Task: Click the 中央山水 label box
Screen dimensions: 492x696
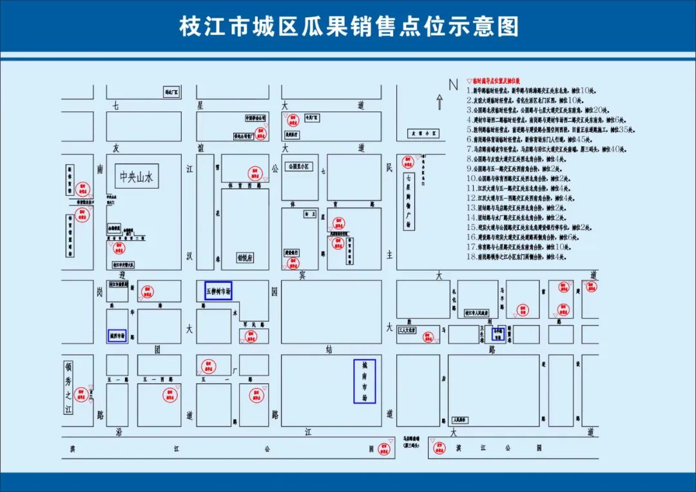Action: click(137, 176)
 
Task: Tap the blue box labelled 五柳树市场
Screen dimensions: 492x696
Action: click(218, 291)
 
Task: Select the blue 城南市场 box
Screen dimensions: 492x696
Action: click(364, 381)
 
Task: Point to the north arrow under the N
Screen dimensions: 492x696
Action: click(440, 101)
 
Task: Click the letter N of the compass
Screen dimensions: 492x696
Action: click(453, 84)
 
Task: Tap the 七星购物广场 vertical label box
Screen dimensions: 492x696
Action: click(408, 201)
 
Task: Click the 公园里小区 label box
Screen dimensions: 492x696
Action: click(299, 166)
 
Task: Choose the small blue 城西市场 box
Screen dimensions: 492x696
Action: click(117, 336)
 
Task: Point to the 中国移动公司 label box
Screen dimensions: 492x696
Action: click(256, 118)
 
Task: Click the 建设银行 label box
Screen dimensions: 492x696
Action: click(292, 252)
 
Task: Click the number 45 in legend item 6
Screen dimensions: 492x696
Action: click(582, 139)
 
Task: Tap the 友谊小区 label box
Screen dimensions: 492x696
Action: click(425, 134)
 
